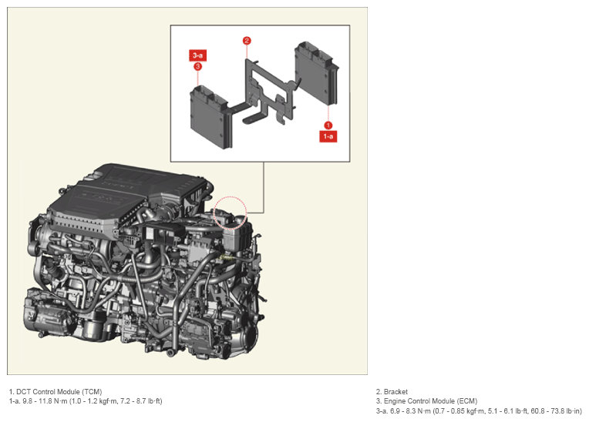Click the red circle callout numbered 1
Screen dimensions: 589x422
tap(328, 126)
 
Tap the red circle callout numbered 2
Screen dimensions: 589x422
tap(247, 41)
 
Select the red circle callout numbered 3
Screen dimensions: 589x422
tap(197, 67)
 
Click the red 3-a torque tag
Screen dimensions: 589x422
tap(197, 55)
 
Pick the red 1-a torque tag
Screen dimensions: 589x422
tap(328, 136)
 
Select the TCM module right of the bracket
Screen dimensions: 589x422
tap(316, 72)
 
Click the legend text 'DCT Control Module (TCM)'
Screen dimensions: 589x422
tap(59, 392)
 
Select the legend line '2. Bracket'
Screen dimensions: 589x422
tap(392, 392)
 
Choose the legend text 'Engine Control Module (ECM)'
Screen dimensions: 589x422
tap(430, 401)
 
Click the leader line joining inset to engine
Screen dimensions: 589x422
tap(264, 188)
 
